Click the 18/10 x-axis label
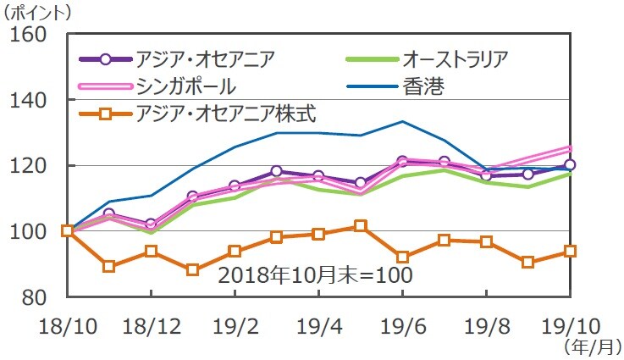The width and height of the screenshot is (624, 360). (67, 325)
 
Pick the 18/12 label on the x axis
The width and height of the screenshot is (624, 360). (151, 325)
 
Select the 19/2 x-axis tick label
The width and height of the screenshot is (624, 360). (235, 325)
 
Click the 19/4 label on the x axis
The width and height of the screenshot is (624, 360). (318, 325)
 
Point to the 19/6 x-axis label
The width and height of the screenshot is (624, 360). (402, 325)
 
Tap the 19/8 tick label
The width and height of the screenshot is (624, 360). (486, 325)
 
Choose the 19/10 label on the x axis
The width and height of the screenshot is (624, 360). (569, 325)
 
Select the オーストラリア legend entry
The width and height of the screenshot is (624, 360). (455, 59)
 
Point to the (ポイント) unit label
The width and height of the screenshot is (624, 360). (39, 12)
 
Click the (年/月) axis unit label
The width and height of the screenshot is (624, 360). (590, 346)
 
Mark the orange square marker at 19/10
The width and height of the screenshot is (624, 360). (570, 251)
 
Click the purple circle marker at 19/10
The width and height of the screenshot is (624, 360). (570, 165)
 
